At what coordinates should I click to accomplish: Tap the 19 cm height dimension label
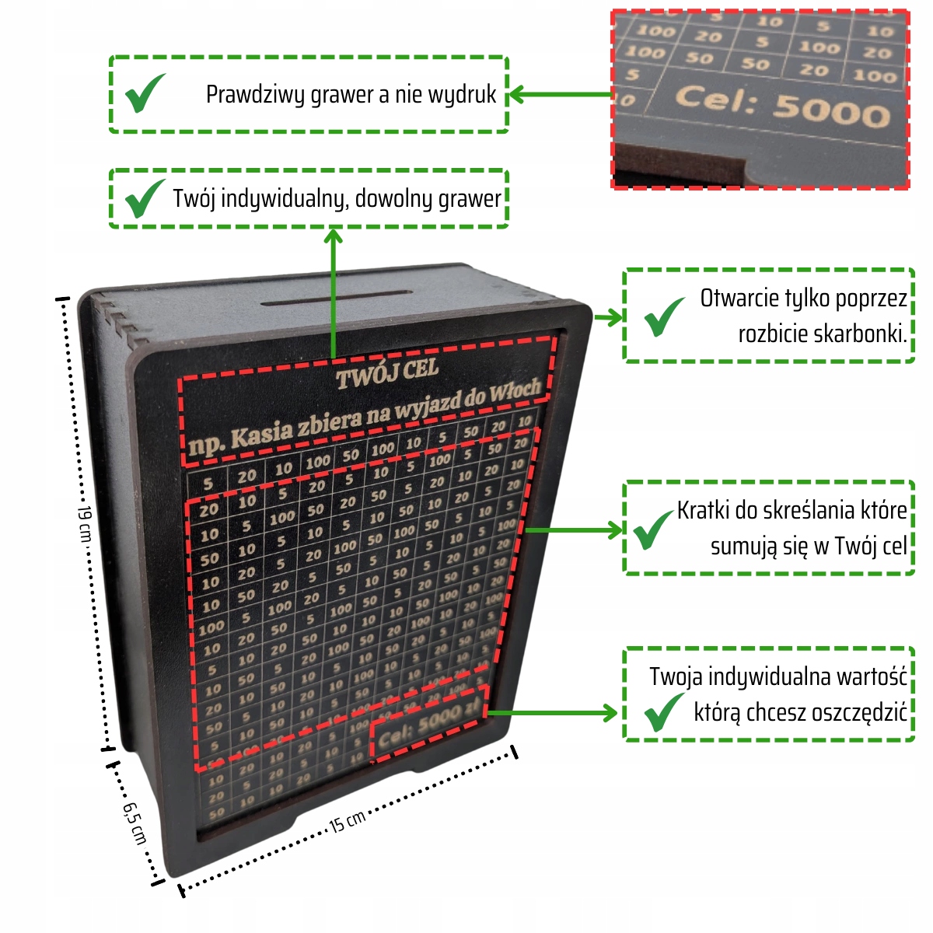pyautogui.click(x=86, y=523)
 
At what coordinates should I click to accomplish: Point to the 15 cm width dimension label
pyautogui.click(x=347, y=821)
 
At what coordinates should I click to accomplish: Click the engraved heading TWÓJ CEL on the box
pyautogui.click(x=387, y=373)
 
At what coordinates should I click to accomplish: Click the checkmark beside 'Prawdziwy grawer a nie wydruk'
pyautogui.click(x=145, y=93)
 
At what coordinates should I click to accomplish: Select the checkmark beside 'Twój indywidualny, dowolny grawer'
pyautogui.click(x=145, y=198)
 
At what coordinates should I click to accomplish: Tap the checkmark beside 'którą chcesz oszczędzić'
pyautogui.click(x=663, y=712)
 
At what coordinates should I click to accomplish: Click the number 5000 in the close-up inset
pyautogui.click(x=830, y=110)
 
